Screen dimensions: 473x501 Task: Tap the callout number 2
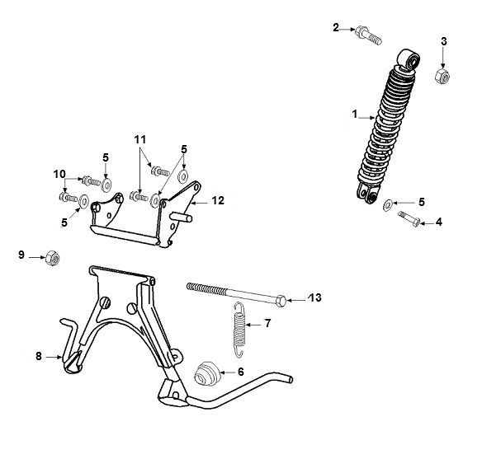pos(336,28)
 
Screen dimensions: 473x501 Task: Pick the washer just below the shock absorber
pos(389,204)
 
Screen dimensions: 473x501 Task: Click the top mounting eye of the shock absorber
pos(408,60)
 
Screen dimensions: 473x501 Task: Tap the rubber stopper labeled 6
pos(208,374)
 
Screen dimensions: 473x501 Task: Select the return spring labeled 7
pos(239,329)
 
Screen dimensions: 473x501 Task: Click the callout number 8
pos(38,356)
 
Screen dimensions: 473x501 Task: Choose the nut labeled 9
pos(51,256)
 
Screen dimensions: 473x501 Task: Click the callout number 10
pos(58,173)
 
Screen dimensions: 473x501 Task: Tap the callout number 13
pos(314,297)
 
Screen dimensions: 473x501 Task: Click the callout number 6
pos(241,372)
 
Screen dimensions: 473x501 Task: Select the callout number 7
pos(267,324)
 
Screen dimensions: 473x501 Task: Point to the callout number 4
pos(439,222)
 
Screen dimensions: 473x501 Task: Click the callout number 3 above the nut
pos(443,40)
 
